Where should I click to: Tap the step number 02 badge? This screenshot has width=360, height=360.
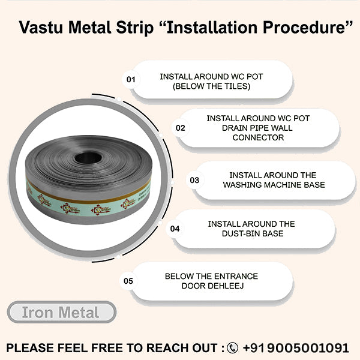180,128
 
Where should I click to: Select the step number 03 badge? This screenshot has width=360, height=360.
194,179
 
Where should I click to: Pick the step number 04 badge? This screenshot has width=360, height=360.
175,229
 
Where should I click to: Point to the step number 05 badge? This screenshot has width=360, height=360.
128,280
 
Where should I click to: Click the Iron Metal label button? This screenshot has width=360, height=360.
61,313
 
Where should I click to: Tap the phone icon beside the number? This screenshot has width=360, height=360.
233,348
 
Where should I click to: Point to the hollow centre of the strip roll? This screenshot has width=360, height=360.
89,157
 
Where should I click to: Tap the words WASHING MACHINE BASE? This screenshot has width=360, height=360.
274,184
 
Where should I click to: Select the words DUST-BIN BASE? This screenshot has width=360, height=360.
251,234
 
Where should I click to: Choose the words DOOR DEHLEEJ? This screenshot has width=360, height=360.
211,286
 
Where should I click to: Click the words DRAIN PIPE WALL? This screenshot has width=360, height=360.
258,128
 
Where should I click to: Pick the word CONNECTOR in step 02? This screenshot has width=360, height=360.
258,138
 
